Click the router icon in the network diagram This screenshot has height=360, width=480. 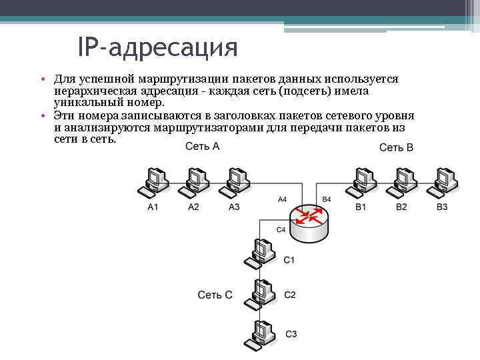[309, 221]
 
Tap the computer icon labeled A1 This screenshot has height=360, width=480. [153, 181]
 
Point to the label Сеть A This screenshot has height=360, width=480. [203, 146]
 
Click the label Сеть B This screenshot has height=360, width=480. [396, 147]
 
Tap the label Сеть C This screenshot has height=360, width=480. [215, 295]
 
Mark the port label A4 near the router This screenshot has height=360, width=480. [282, 199]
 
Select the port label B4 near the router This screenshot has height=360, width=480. [326, 199]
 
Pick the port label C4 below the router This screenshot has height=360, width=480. [280, 229]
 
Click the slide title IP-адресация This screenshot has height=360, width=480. [157, 47]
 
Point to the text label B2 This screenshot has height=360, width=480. [401, 207]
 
